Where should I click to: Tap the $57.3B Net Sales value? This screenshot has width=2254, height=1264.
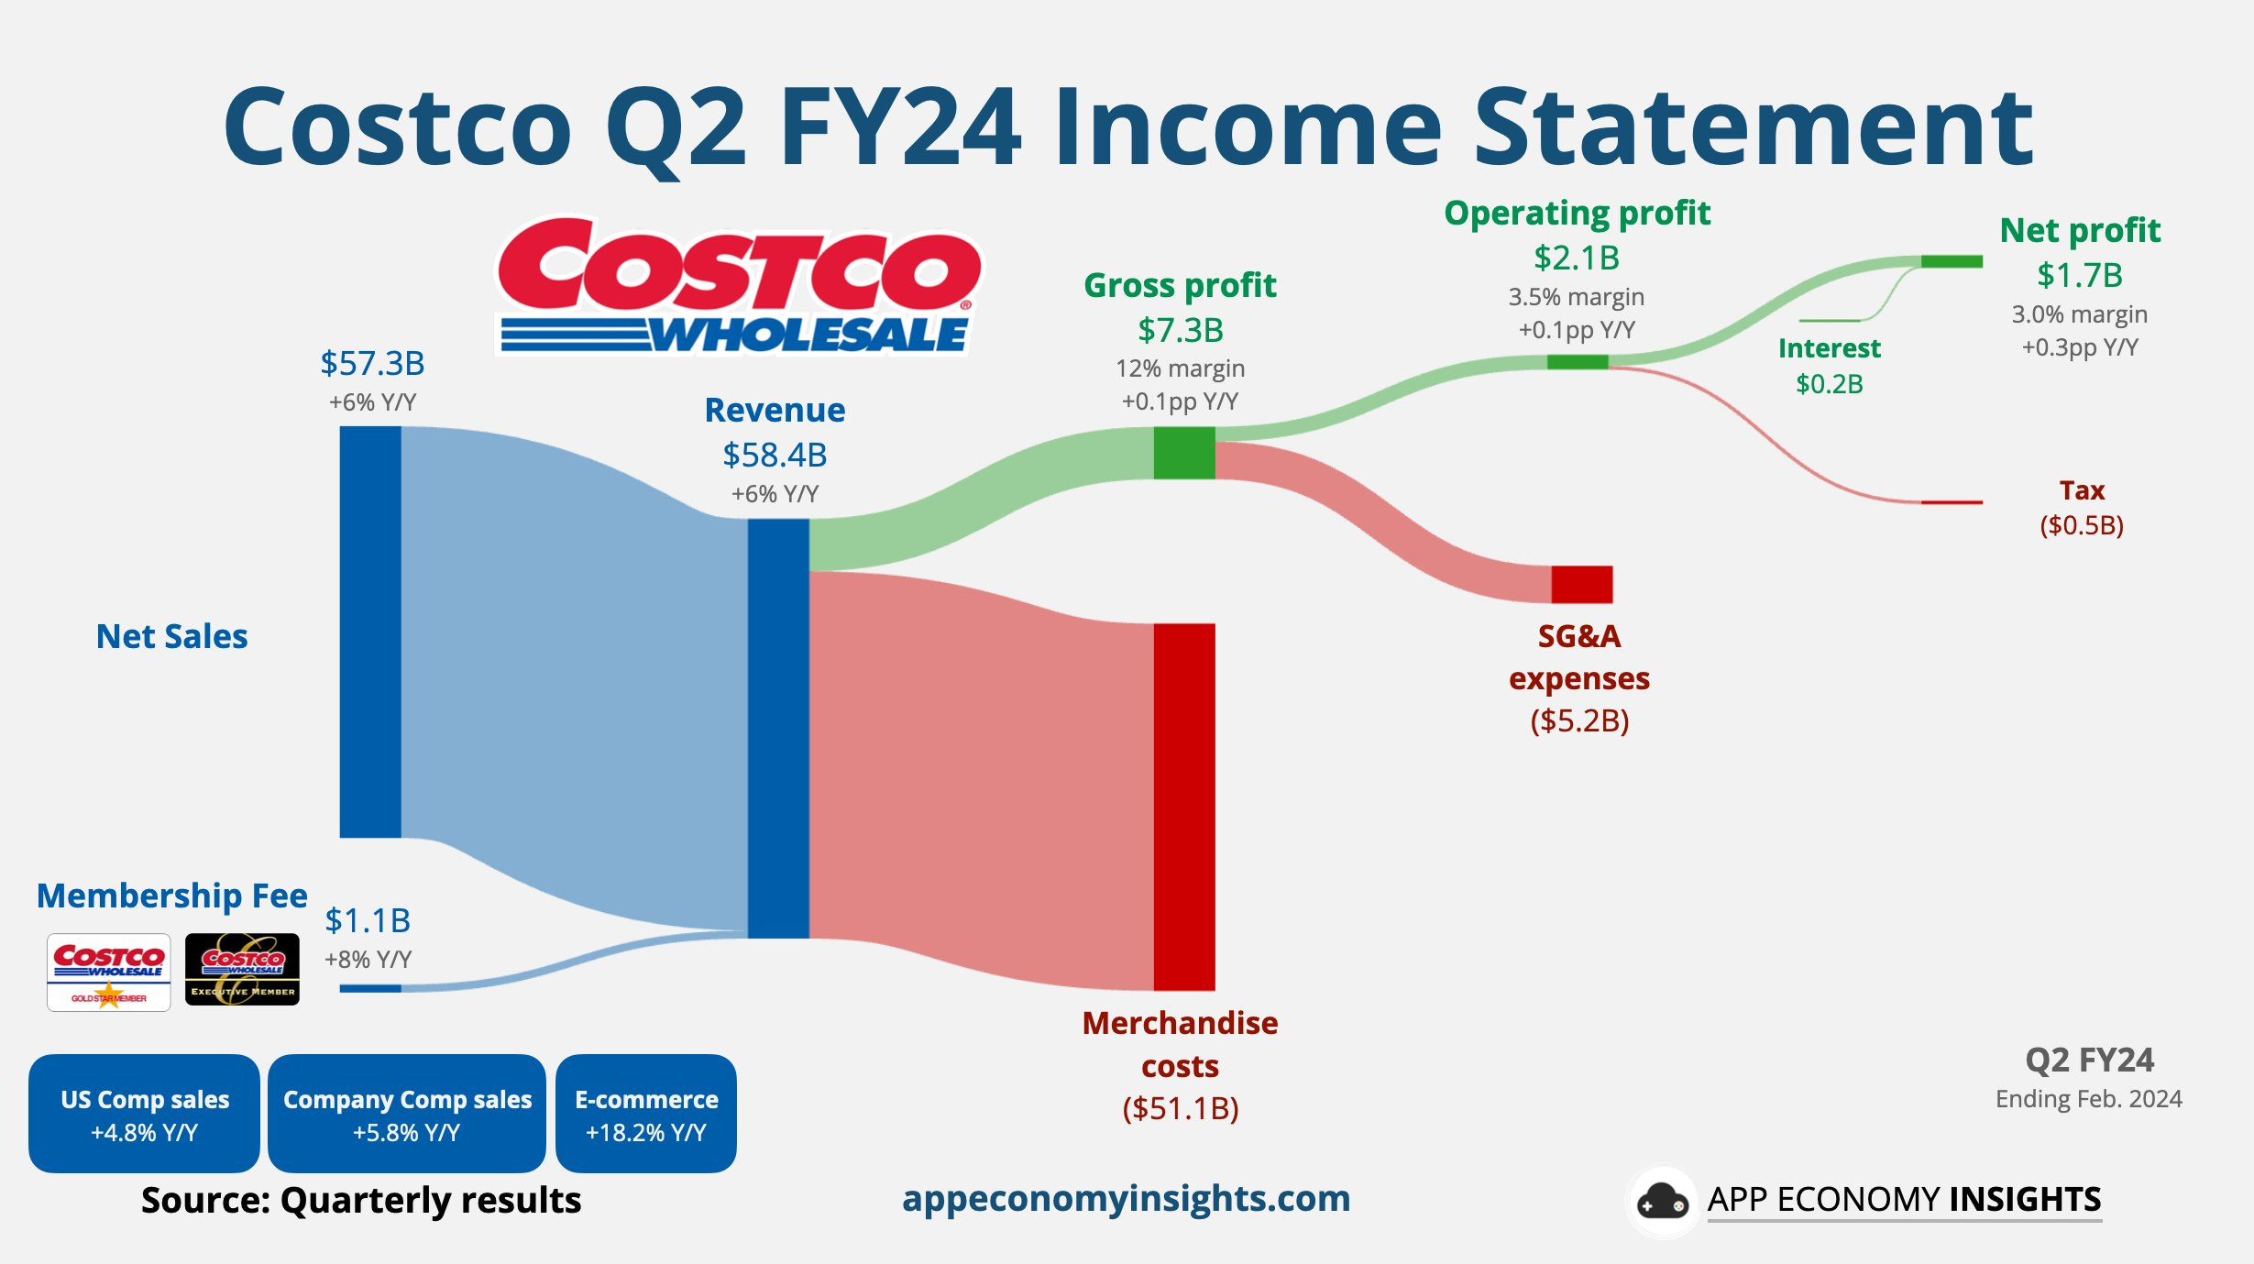[x=372, y=364]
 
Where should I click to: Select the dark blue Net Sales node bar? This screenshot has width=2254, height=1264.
[x=370, y=632]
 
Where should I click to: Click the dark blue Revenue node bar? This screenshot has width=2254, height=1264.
[x=778, y=729]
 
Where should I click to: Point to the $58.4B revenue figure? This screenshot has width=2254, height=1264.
[x=775, y=456]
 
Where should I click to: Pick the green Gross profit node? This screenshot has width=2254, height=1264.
[x=1184, y=453]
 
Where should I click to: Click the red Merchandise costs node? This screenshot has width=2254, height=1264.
[x=1184, y=807]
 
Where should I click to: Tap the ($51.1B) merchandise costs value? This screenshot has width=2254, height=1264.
[x=1181, y=1109]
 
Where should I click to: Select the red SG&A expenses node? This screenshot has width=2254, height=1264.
[x=1582, y=585]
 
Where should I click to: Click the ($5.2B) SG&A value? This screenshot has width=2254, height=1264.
[x=1579, y=721]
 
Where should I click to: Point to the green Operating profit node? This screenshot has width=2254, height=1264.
[x=1578, y=362]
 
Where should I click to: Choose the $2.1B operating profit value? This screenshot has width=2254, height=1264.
[x=1577, y=258]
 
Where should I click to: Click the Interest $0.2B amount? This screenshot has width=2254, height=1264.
[x=1830, y=384]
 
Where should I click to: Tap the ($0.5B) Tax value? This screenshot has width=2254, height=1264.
[x=2082, y=525]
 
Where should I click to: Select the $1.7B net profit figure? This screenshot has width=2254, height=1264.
[x=2080, y=275]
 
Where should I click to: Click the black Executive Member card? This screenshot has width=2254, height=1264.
[x=242, y=970]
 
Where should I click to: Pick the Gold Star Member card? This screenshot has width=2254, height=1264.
[x=109, y=972]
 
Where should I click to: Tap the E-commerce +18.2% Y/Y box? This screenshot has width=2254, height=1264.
[x=646, y=1114]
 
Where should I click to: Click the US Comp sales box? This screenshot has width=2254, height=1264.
[x=144, y=1114]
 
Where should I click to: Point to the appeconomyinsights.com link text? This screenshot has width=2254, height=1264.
[x=1127, y=1199]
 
